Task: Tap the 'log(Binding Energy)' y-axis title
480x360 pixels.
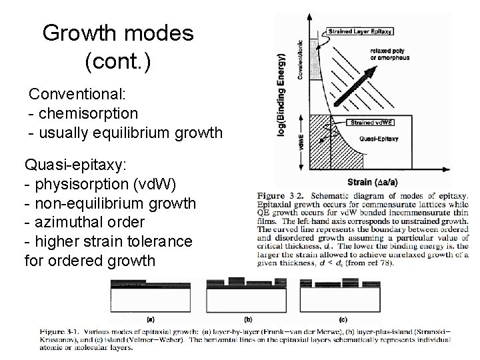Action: [x=281, y=93]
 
